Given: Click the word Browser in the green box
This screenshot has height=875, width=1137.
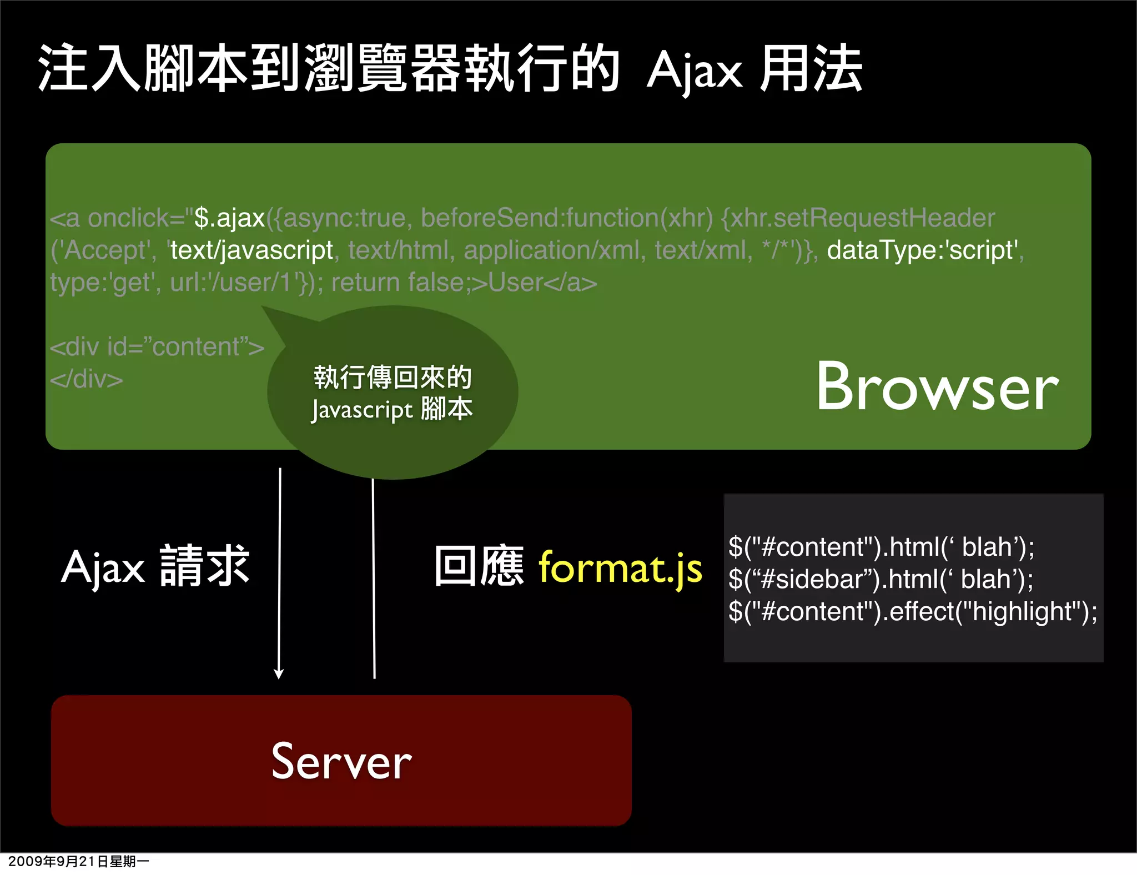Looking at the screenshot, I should [937, 386].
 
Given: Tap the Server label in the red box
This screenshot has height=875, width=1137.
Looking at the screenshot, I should [341, 761].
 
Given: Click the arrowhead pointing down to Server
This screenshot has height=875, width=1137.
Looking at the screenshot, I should [279, 673].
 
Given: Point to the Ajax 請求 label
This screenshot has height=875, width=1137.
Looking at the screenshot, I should [155, 567].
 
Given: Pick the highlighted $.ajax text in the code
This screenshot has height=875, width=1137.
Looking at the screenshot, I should [229, 218].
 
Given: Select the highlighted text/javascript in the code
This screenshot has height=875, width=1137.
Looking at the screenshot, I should [251, 250].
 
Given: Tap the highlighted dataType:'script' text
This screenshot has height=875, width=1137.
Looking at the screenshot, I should [923, 250].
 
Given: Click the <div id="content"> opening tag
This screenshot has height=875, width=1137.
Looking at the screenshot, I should [157, 347].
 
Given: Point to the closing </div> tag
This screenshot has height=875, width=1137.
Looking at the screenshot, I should [86, 379].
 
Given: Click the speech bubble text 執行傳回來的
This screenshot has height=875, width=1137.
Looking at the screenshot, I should [393, 378].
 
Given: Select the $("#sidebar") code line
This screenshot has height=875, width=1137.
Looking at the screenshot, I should [881, 579].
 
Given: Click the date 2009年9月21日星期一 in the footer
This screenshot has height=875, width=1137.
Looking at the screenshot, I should [78, 861].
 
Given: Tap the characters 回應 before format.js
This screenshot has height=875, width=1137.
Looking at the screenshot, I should [479, 567].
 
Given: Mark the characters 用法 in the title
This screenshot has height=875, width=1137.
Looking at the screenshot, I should [811, 69].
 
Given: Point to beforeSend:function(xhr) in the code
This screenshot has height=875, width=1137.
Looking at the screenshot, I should [566, 218].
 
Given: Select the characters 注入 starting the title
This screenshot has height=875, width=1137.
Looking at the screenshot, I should [89, 69].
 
